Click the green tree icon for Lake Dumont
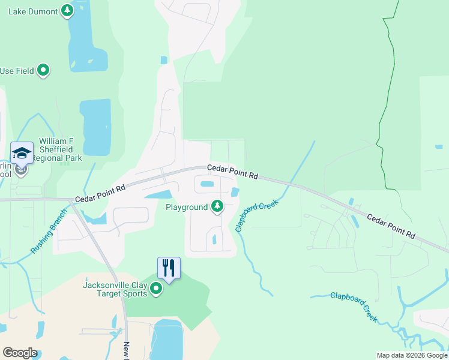(x=68, y=11)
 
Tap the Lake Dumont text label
(x=34, y=11)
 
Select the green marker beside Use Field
(x=43, y=71)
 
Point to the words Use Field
(x=17, y=71)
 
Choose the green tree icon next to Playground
(x=217, y=207)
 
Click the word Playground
(x=187, y=207)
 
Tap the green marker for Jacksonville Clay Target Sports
(x=156, y=289)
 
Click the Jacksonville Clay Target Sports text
(x=115, y=289)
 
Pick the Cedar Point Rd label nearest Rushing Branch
(x=100, y=193)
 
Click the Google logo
(x=20, y=353)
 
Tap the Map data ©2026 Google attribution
(x=411, y=355)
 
